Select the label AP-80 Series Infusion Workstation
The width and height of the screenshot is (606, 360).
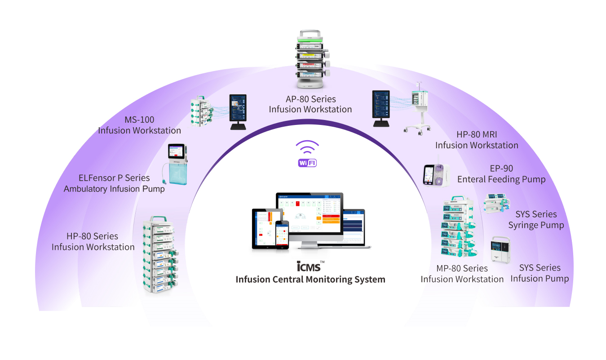310,104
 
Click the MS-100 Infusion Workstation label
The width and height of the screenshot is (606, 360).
139,125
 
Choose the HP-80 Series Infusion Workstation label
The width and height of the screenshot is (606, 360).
93,241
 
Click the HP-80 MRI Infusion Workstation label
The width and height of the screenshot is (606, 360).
477,140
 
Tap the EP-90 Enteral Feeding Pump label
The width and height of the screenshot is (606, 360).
501,174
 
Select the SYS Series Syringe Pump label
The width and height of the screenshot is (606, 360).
536,220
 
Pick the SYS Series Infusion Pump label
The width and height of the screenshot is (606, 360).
540,273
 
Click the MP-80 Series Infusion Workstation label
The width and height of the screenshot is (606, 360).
462,274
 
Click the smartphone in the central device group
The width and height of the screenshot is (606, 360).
282,234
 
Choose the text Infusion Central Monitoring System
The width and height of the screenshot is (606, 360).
310,280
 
